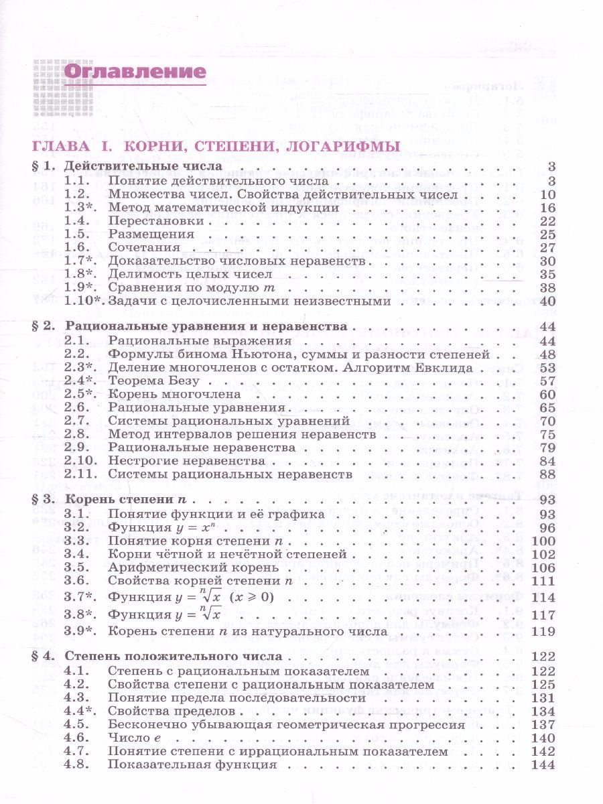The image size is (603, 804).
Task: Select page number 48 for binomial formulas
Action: [x=548, y=354]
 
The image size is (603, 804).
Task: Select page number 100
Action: [x=544, y=541]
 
